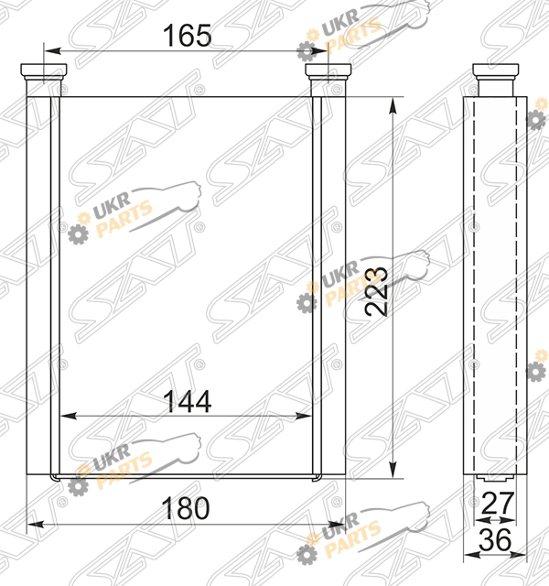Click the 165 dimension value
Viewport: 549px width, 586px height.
coord(187,35)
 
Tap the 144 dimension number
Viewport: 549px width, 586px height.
coord(187,401)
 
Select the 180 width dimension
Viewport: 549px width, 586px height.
coord(185,508)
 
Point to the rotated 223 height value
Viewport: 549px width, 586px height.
coord(376,291)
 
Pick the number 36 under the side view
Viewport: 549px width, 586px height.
coord(495,539)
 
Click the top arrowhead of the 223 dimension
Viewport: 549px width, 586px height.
coord(393,106)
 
